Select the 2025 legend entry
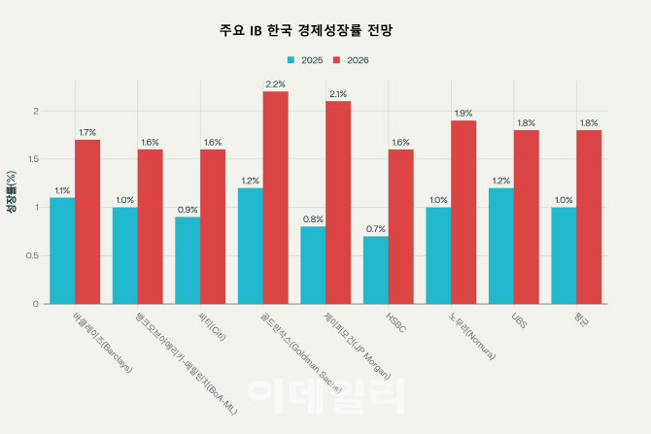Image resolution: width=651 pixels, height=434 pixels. tap(303, 60)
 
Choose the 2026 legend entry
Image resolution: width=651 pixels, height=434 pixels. tap(350, 60)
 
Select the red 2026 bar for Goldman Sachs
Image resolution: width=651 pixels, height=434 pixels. tap(275, 197)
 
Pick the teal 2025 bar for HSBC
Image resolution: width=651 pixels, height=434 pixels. tap(376, 270)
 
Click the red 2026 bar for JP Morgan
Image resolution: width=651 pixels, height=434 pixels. tap(338, 202)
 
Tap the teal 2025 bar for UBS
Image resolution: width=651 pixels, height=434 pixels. tap(501, 246)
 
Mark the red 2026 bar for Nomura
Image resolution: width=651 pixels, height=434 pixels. tap(463, 212)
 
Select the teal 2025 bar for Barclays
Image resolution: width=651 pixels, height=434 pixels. tap(62, 250)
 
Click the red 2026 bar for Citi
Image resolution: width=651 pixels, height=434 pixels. tap(213, 226)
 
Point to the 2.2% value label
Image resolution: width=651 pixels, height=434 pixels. tap(275, 83)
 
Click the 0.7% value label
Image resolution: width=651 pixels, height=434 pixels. tap(376, 228)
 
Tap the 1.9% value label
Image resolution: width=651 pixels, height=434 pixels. tap(463, 113)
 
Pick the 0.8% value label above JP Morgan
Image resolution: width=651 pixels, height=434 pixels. tap(313, 218)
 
